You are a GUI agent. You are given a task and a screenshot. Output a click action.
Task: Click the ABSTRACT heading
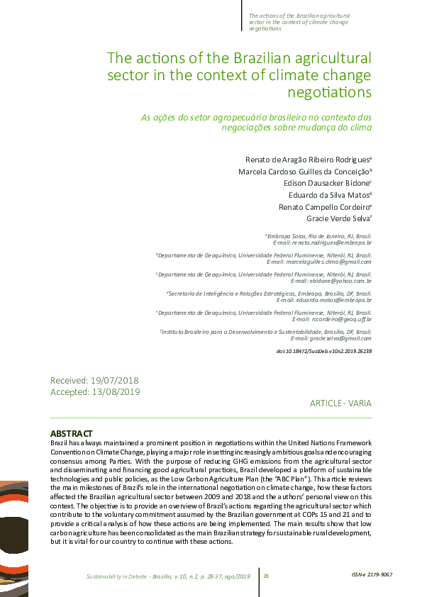(71, 433)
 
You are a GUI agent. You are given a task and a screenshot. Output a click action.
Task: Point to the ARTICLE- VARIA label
(340, 403)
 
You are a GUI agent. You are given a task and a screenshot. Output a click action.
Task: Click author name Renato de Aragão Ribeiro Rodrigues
(303, 160)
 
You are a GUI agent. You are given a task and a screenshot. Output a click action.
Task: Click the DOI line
(323, 351)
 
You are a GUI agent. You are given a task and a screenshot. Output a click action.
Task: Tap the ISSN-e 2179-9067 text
(372, 574)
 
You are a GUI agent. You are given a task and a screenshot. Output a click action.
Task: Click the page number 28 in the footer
(266, 575)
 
